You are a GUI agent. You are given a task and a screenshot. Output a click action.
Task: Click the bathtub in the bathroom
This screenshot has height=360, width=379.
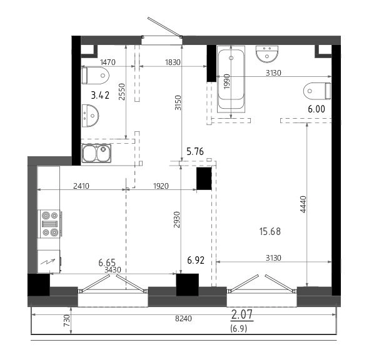point(231,79)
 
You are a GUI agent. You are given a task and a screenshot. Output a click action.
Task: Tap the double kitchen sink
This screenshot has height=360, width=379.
point(96,153)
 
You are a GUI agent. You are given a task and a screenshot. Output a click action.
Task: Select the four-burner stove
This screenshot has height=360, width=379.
point(50,224)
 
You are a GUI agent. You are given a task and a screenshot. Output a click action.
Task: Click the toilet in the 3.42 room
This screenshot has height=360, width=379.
point(96,76)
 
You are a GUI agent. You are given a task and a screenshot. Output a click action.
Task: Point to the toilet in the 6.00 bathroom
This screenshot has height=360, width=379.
point(317,91)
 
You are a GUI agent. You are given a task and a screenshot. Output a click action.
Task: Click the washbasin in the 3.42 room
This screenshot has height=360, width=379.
point(90,116)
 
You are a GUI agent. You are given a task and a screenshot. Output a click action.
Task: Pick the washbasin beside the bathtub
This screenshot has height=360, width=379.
point(267,54)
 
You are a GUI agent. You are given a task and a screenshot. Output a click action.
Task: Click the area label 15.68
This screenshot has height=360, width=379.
point(270,232)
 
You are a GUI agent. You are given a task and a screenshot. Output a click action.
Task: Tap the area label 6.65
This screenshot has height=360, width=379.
point(107,262)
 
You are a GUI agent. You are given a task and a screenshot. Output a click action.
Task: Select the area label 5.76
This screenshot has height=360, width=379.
point(195,151)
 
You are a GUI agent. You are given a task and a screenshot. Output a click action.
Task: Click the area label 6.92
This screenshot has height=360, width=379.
point(196,260)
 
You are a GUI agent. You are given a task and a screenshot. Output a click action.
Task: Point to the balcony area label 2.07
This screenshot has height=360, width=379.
point(242,314)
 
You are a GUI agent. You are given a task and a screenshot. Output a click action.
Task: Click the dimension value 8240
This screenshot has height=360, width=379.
point(183,319)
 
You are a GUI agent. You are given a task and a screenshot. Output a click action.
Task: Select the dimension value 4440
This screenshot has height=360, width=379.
point(303,204)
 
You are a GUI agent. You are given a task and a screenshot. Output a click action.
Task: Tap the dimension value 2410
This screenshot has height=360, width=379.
point(81,186)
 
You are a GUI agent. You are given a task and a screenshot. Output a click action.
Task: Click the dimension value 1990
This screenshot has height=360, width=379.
point(227,81)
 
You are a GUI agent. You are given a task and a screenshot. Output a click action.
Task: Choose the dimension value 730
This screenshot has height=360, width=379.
point(67,321)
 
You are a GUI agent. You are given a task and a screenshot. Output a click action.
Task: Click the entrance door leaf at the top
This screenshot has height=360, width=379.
point(164,27)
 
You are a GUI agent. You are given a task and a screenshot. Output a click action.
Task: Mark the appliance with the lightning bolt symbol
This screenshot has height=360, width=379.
point(49,261)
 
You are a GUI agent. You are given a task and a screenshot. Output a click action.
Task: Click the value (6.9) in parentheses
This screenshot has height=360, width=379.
point(238,329)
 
